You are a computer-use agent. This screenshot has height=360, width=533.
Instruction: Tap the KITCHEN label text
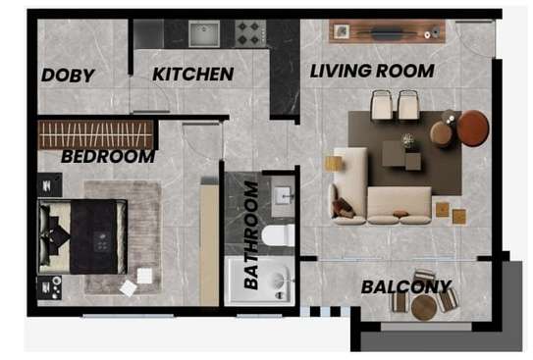pyautogui.click(x=193, y=75)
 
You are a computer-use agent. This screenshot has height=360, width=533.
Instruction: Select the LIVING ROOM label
pyautogui.click(x=372, y=71)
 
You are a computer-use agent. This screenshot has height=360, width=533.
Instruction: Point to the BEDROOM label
pyautogui.click(x=107, y=156)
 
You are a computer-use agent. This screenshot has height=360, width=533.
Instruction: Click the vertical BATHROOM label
pyautogui.click(x=252, y=234)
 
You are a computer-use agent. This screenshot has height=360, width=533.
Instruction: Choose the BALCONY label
pyautogui.click(x=406, y=287)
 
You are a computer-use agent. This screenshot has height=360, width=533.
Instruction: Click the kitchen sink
pyautogui.click(x=205, y=34)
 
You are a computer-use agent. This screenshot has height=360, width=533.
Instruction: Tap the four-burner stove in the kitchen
pyautogui.click(x=247, y=33)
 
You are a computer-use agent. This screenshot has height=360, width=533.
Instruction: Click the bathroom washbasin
pyautogui.click(x=282, y=196)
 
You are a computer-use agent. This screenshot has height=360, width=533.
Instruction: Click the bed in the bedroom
pyautogui.click(x=82, y=236)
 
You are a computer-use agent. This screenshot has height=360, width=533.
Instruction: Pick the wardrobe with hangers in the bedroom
pyautogui.click(x=95, y=133)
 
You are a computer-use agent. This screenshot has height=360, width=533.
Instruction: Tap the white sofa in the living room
pyautogui.click(x=383, y=196)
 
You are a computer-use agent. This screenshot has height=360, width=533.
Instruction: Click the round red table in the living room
pyautogui.click(x=473, y=128)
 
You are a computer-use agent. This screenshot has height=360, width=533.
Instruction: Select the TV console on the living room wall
pyautogui.click(x=386, y=32)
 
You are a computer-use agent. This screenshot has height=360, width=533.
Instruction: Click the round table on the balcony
pyautogui.click(x=424, y=307)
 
